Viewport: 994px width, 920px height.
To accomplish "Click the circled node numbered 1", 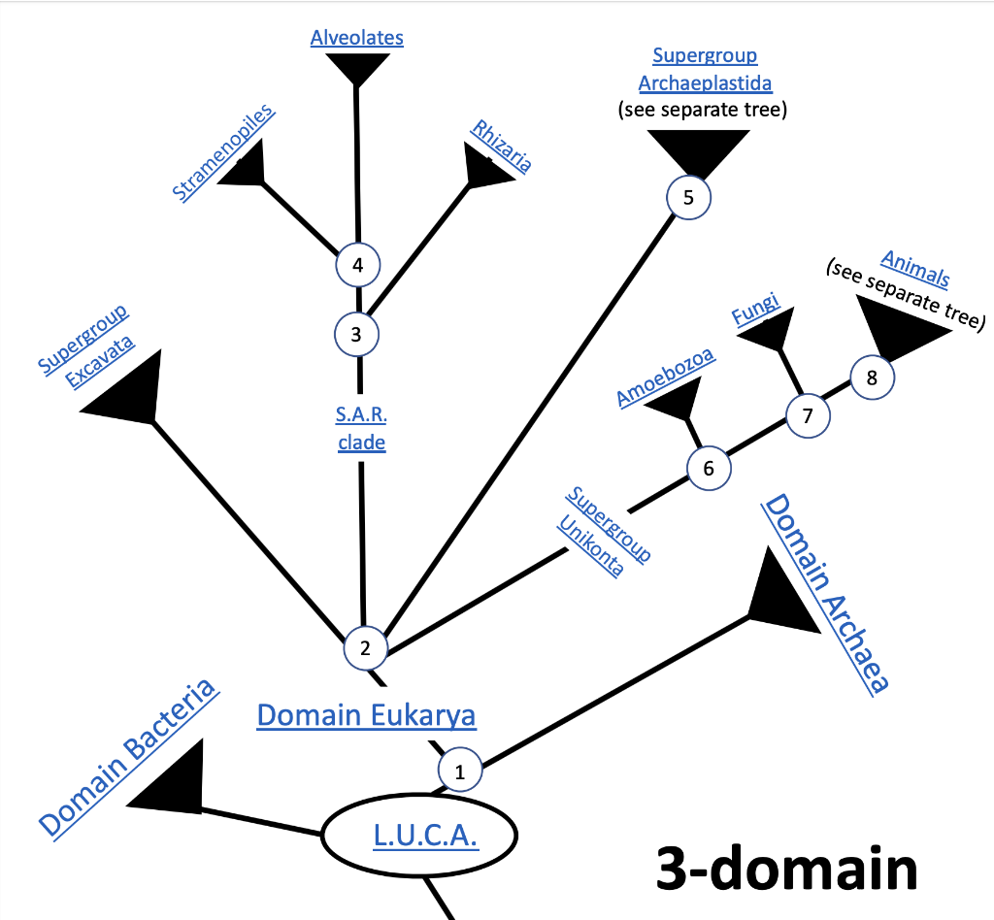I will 461,772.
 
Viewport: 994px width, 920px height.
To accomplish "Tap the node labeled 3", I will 356,335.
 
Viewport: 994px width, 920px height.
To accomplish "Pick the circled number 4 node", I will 357,264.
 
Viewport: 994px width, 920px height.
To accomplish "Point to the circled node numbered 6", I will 709,468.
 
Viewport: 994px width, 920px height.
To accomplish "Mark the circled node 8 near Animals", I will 872,378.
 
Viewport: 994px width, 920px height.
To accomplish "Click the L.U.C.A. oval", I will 425,836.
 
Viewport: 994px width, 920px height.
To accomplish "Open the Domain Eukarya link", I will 366,716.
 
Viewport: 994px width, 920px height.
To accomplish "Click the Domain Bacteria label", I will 127,758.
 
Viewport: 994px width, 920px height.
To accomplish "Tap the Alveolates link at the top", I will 356,38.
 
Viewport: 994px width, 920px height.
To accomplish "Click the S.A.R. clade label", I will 361,429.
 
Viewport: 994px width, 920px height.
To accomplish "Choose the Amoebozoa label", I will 666,377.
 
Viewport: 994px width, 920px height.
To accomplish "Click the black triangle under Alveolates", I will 357,68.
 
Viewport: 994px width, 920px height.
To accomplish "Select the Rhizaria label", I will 501,146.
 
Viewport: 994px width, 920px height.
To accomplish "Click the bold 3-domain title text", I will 786,867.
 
